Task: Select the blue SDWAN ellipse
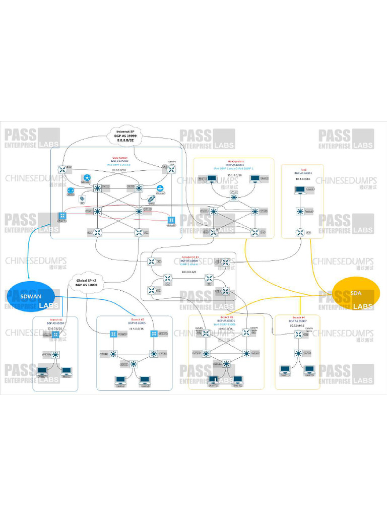[32, 295]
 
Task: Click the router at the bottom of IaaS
[300, 232]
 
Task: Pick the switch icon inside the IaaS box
[300, 212]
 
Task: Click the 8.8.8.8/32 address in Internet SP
[126, 142]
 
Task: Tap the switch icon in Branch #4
[299, 353]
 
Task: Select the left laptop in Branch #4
[286, 371]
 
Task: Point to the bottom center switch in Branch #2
[134, 363]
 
